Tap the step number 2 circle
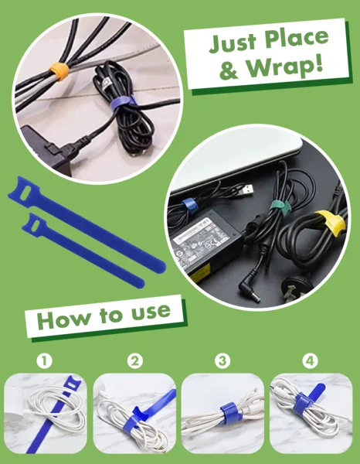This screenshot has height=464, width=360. pyautogui.click(x=135, y=361)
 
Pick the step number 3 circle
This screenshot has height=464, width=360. pyautogui.click(x=223, y=361)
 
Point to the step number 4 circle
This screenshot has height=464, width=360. pyautogui.click(x=311, y=361)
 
